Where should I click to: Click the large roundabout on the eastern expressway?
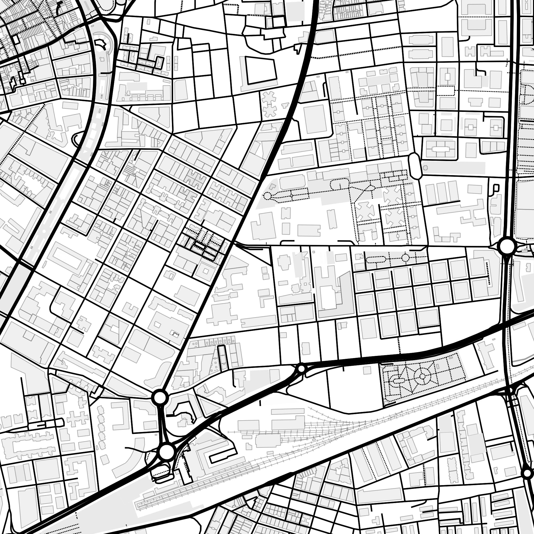click(507, 246)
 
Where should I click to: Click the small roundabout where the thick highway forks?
click(301, 368)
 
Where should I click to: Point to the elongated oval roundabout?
click(414, 166)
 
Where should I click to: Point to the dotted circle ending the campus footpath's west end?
click(267, 196)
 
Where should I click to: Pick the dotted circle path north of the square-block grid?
click(405, 258)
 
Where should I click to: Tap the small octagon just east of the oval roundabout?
click(425, 168)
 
